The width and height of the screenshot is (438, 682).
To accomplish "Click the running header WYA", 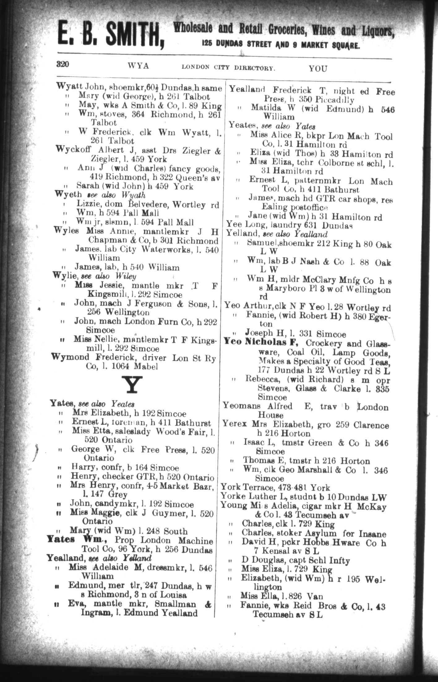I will (138, 66).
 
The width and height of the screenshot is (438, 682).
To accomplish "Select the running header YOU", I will (318, 68).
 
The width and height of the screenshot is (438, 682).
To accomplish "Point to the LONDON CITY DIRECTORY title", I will (228, 67).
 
